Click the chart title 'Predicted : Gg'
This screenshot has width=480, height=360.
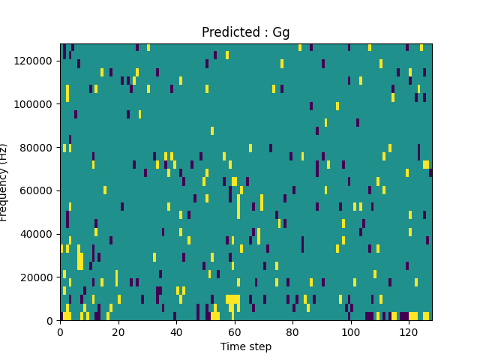pos(245,33)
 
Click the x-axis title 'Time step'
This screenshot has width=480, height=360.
pos(246,346)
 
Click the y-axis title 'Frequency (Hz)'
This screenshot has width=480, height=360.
pos(4,182)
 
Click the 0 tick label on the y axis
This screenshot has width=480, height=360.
pos(51,320)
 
